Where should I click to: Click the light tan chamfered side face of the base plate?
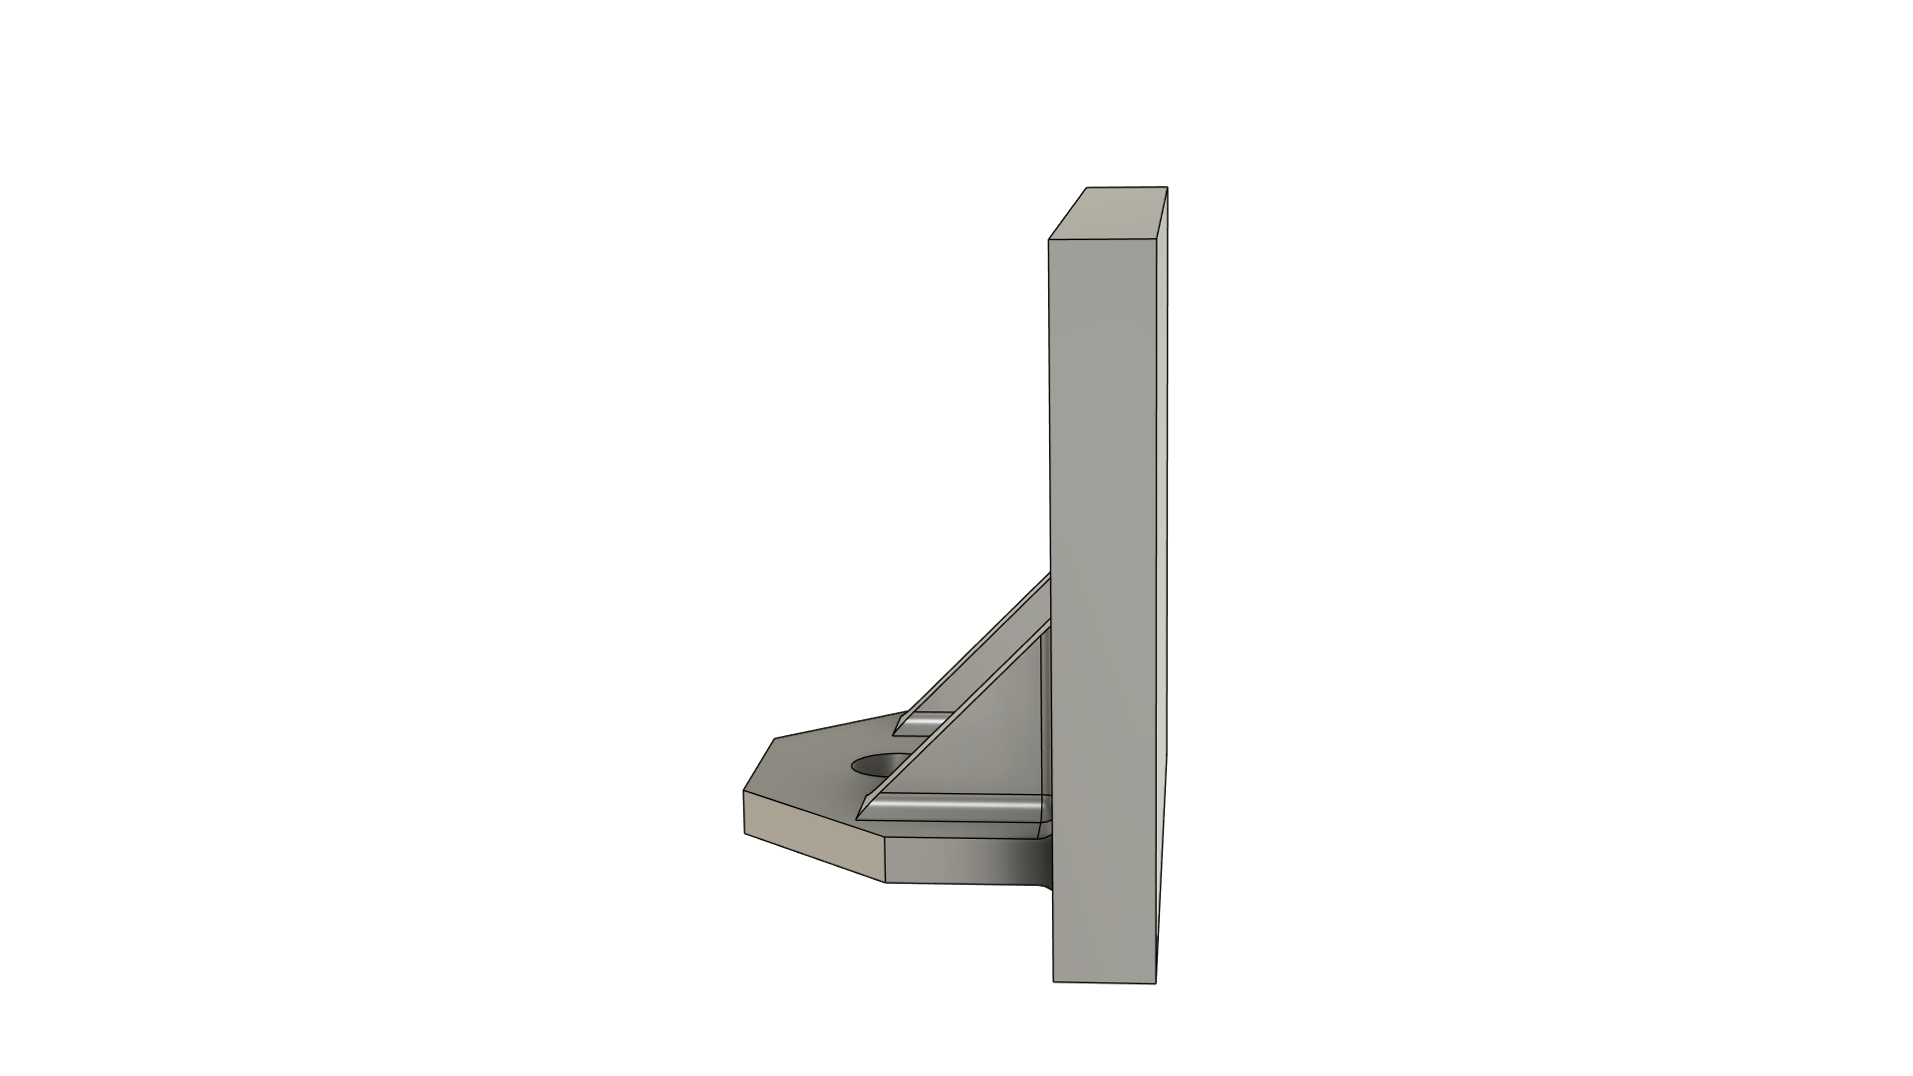(812, 835)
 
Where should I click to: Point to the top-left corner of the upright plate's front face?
(1049, 239)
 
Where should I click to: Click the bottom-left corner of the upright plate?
(1054, 981)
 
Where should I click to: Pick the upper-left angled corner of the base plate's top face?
(775, 739)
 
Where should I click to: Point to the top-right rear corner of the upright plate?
(1167, 187)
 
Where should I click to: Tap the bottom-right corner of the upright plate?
(1156, 981)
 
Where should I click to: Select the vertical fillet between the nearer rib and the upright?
(1046, 727)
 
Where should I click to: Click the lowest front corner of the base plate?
(887, 882)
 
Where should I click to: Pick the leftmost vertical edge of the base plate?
(744, 812)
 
